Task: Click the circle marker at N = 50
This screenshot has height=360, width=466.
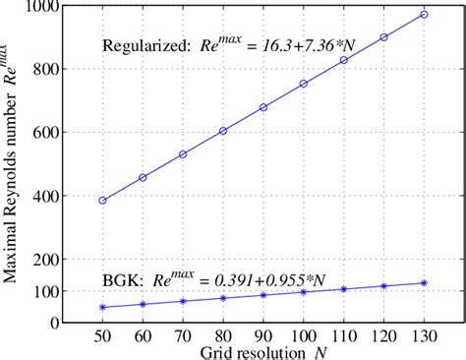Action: pyautogui.click(x=102, y=201)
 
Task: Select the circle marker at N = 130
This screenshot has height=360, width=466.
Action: pyautogui.click(x=424, y=15)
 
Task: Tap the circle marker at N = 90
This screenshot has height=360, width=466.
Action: pyautogui.click(x=263, y=107)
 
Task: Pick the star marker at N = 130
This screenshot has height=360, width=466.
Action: pyautogui.click(x=424, y=283)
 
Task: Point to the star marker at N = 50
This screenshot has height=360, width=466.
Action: pyautogui.click(x=102, y=307)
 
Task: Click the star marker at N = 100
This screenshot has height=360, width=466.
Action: pyautogui.click(x=304, y=292)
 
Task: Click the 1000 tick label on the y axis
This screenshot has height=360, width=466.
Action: pyautogui.click(x=43, y=7)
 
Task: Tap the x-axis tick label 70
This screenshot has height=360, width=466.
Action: pyautogui.click(x=183, y=335)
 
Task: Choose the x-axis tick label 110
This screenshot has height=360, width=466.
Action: pyautogui.click(x=343, y=335)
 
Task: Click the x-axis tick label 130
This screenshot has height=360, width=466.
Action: pyautogui.click(x=424, y=335)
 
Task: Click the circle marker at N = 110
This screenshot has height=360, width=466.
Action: pyautogui.click(x=344, y=61)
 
